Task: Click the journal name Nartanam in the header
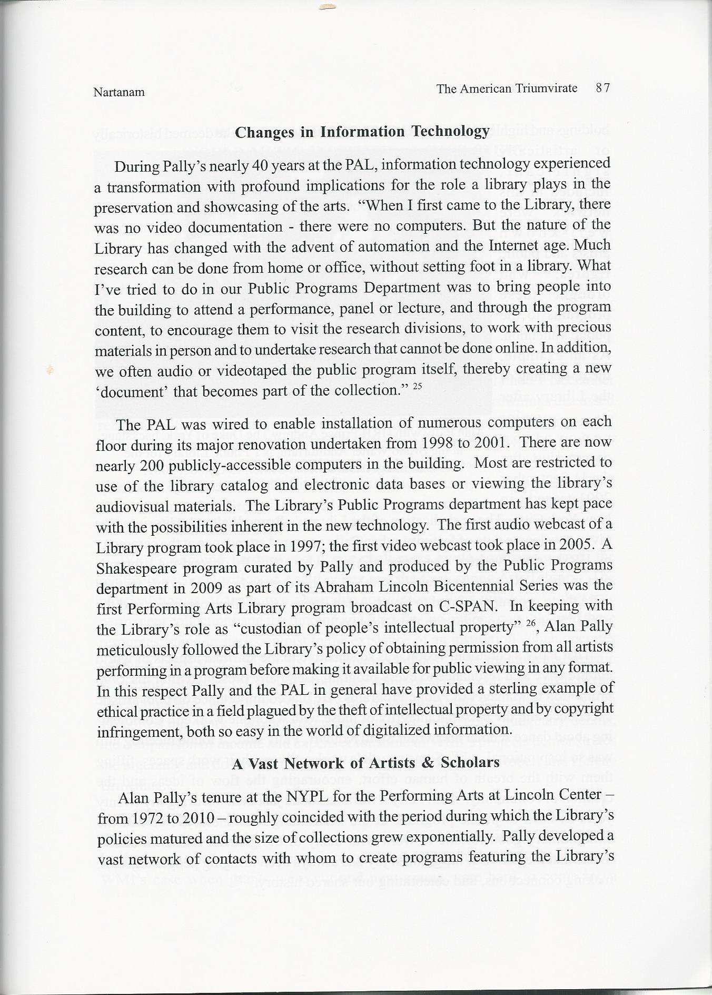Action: pos(119,93)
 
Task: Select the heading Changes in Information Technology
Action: pos(362,131)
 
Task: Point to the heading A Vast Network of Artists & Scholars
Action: pos(365,763)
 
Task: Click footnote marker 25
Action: pos(417,387)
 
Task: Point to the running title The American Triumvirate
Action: pos(506,88)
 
